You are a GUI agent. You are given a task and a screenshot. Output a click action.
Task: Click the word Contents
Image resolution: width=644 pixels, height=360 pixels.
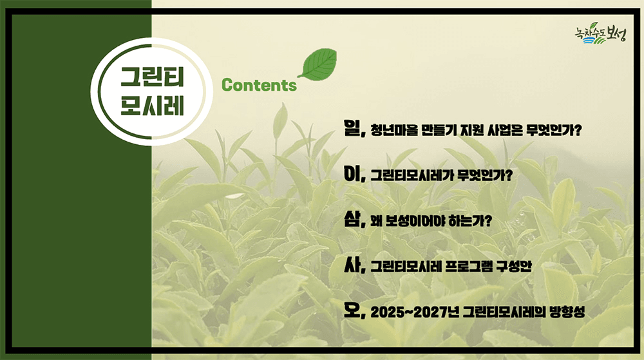point(259,85)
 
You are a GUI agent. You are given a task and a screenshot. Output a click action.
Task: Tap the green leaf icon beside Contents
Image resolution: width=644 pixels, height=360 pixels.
point(317,64)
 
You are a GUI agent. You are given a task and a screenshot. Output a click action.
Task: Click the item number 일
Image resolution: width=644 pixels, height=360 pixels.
point(354,130)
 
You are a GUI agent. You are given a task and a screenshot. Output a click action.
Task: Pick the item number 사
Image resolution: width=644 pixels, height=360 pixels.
point(354,266)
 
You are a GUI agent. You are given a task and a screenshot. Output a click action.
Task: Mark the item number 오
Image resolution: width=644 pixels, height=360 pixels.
point(354,312)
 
